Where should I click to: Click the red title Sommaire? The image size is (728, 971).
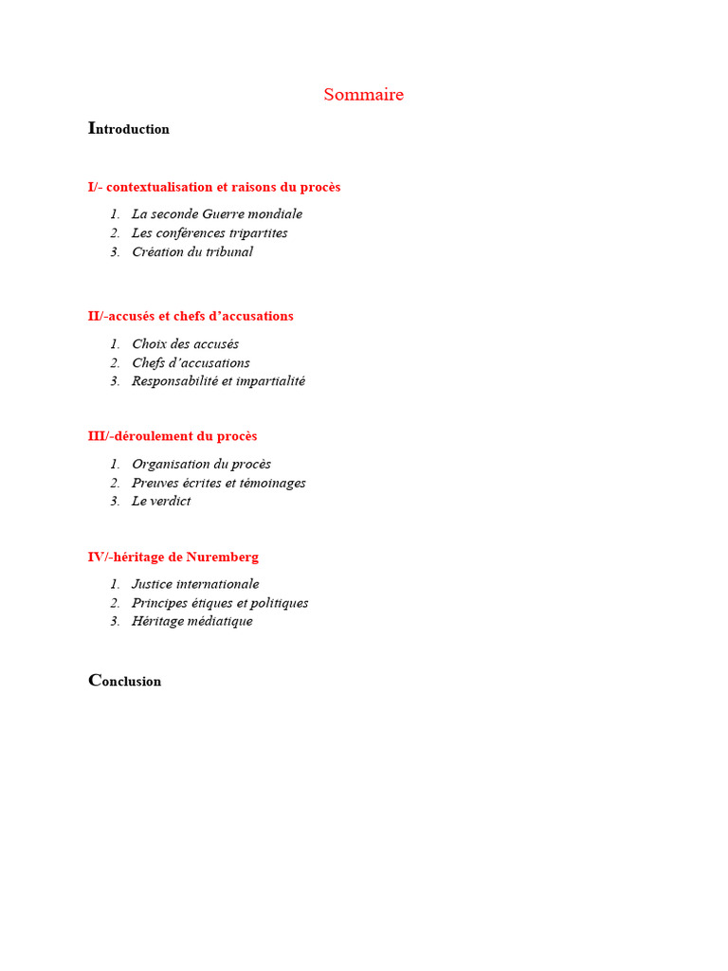[363, 95]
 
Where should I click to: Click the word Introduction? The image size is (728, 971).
[129, 129]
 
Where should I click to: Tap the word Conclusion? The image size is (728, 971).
[125, 681]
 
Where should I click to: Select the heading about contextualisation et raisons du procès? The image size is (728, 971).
[214, 187]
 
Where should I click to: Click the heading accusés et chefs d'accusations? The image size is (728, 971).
[191, 316]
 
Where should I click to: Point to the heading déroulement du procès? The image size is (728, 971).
[173, 436]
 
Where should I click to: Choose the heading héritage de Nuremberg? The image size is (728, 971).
[173, 557]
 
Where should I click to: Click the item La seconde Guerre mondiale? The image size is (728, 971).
[217, 214]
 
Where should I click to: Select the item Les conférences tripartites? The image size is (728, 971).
[209, 233]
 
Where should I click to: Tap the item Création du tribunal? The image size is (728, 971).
[192, 252]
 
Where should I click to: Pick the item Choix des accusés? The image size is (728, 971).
[186, 344]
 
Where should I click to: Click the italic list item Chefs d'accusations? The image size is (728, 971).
[191, 363]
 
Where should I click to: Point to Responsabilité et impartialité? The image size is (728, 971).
[218, 381]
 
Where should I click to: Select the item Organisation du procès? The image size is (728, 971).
[201, 465]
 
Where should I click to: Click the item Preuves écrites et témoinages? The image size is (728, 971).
[218, 483]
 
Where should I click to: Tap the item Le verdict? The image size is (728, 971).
[161, 502]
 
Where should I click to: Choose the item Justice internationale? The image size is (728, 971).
[195, 584]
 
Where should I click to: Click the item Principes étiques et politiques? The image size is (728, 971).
[220, 603]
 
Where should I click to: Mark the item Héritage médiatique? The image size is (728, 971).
[192, 622]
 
